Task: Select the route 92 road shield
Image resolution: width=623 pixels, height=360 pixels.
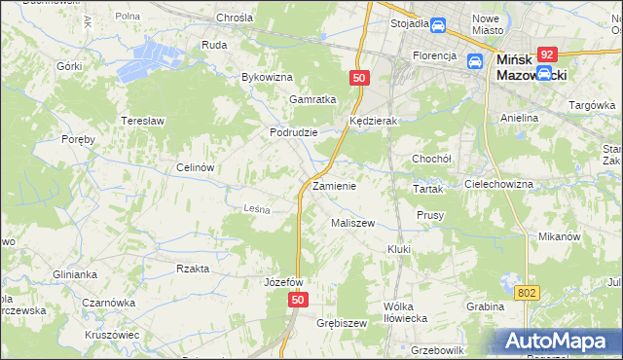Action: pos(547,55)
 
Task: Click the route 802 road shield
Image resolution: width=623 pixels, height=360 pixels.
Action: pos(527,292)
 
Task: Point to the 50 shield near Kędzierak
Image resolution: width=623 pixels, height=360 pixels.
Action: pos(359,77)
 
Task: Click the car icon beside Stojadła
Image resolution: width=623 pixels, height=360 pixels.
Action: pos(437,24)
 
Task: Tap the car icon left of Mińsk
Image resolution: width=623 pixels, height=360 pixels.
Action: pos(475,61)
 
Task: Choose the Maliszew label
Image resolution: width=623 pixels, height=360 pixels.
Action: pos(352,223)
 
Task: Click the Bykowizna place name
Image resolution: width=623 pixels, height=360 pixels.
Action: pos(267,76)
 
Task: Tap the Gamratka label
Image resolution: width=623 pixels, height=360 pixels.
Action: pos(312,99)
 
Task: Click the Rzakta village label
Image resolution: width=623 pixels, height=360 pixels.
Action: pos(193,268)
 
